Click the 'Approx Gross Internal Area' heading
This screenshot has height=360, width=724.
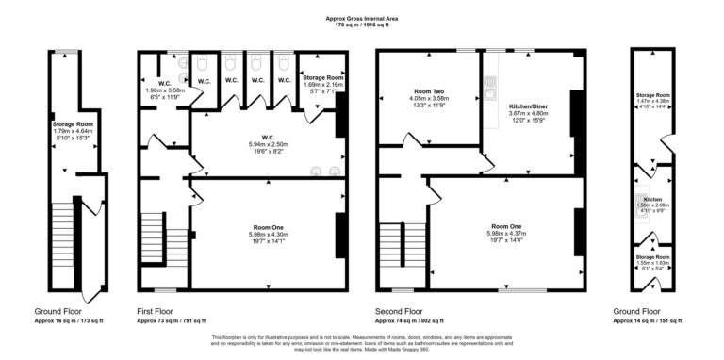[362, 17]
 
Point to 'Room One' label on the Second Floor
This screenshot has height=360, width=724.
[508, 227]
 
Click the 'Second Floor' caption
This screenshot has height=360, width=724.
[401, 311]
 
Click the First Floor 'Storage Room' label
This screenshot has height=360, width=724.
[321, 78]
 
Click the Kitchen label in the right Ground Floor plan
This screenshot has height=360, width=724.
[652, 200]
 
